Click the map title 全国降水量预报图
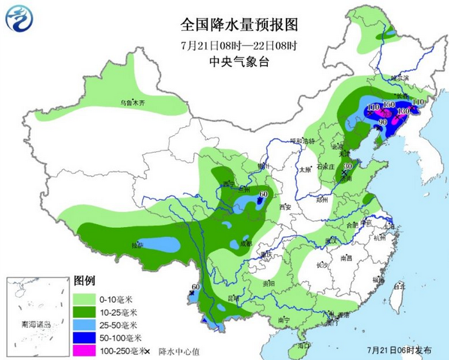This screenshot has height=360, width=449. [x=239, y=24]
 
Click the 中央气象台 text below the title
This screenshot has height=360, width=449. [x=239, y=62]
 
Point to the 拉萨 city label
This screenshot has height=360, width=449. [x=137, y=245]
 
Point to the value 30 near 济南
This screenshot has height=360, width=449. [x=348, y=166]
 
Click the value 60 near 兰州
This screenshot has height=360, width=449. [x=263, y=194]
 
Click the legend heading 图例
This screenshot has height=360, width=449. [x=85, y=282]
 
